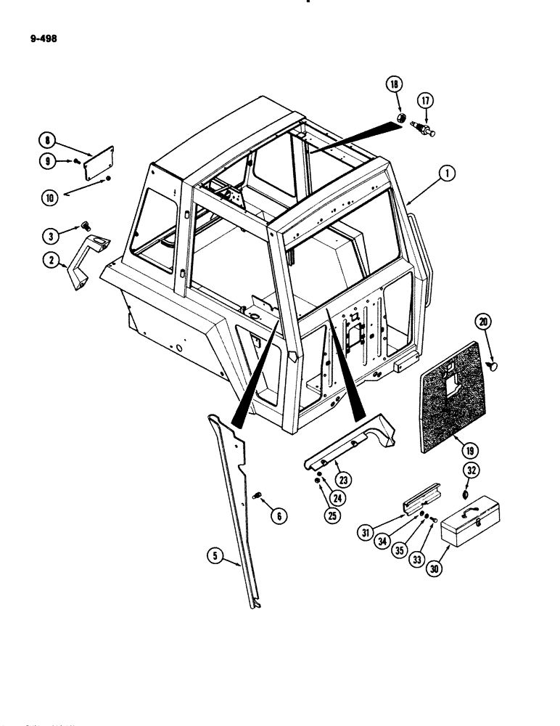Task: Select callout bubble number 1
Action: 448,174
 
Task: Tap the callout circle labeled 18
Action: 395,85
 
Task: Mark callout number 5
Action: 214,557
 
